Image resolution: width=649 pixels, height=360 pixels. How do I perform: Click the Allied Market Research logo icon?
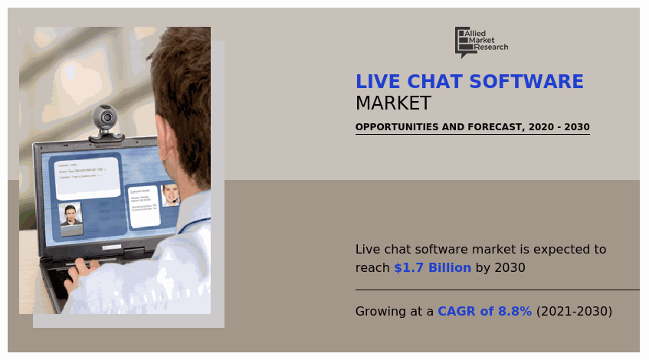(463, 41)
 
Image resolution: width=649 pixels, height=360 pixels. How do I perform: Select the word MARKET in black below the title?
(393, 103)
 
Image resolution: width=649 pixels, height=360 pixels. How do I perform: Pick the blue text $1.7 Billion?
(432, 268)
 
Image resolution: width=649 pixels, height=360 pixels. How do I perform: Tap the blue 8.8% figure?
(515, 312)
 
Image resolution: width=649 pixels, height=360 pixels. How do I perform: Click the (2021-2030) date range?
(574, 312)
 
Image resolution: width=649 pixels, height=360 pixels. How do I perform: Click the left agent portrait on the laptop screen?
(71, 217)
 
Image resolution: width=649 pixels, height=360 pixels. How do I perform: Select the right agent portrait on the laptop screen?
(170, 195)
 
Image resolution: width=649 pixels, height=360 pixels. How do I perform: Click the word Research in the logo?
(490, 47)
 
